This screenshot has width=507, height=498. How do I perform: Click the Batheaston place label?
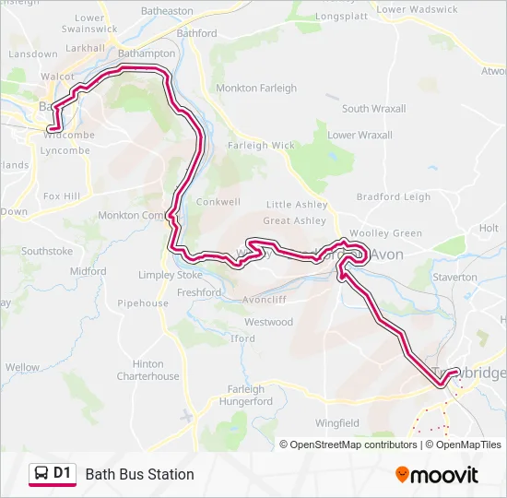click(167, 11)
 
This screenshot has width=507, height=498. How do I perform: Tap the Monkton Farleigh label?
click(256, 89)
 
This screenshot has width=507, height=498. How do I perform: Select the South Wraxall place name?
click(373, 109)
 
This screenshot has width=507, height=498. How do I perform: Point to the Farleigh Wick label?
click(262, 146)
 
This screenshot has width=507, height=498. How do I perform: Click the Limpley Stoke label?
click(170, 276)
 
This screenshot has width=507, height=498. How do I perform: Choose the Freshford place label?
click(198, 293)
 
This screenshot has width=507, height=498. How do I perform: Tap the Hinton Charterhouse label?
click(147, 370)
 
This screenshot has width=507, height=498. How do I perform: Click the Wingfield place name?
click(336, 423)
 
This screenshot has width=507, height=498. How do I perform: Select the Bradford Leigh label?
click(393, 196)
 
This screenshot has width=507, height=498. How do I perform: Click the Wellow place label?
click(22, 367)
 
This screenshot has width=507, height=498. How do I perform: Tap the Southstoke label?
click(47, 251)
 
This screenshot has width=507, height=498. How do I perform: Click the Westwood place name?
click(268, 323)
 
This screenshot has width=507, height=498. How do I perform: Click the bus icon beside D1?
click(41, 474)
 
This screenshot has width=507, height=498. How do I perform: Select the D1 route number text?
click(63, 474)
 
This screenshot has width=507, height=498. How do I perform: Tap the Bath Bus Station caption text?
click(139, 474)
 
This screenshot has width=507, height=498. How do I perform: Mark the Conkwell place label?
click(218, 202)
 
